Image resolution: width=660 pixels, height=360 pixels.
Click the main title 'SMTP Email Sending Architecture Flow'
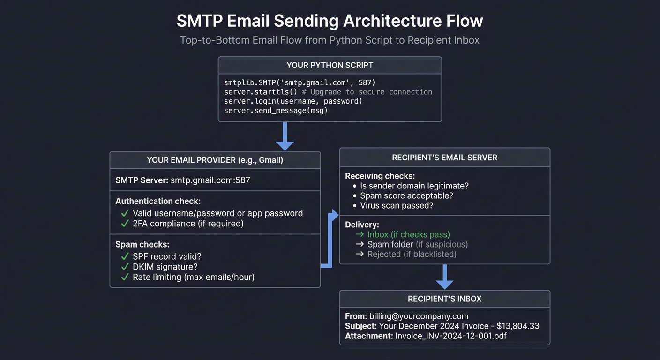(330, 21)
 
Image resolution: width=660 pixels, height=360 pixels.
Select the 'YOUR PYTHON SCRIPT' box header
(330, 65)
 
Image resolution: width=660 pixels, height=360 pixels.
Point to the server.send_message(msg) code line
(276, 111)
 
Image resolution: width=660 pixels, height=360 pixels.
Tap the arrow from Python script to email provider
(285, 136)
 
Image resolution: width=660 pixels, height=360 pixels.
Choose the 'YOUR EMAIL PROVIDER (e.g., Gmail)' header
(215, 160)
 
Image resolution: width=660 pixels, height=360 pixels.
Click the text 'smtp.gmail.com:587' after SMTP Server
(210, 180)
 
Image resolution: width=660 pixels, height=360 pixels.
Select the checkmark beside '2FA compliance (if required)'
(125, 224)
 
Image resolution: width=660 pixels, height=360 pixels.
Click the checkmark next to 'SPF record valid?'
(125, 256)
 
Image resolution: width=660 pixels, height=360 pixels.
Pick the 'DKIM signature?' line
(165, 267)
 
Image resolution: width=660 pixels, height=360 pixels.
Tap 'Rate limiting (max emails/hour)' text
(193, 277)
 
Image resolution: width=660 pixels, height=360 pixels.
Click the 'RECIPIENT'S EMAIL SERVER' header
(444, 157)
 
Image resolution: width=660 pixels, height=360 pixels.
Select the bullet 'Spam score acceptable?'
(406, 196)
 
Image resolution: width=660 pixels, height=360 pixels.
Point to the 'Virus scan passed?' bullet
(397, 206)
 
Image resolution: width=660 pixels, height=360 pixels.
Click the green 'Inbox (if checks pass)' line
(408, 234)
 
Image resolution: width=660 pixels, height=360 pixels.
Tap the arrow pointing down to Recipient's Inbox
(444, 277)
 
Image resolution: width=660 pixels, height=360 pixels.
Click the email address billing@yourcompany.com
(419, 316)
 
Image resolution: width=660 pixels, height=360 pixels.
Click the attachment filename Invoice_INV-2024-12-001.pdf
(451, 336)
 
